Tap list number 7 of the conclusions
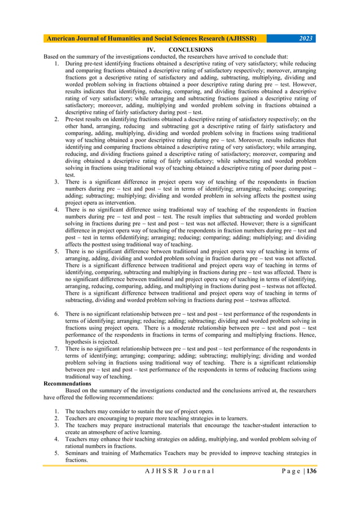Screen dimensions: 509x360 57,349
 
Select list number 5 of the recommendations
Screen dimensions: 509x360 57,453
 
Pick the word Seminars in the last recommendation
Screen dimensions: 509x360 78,453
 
